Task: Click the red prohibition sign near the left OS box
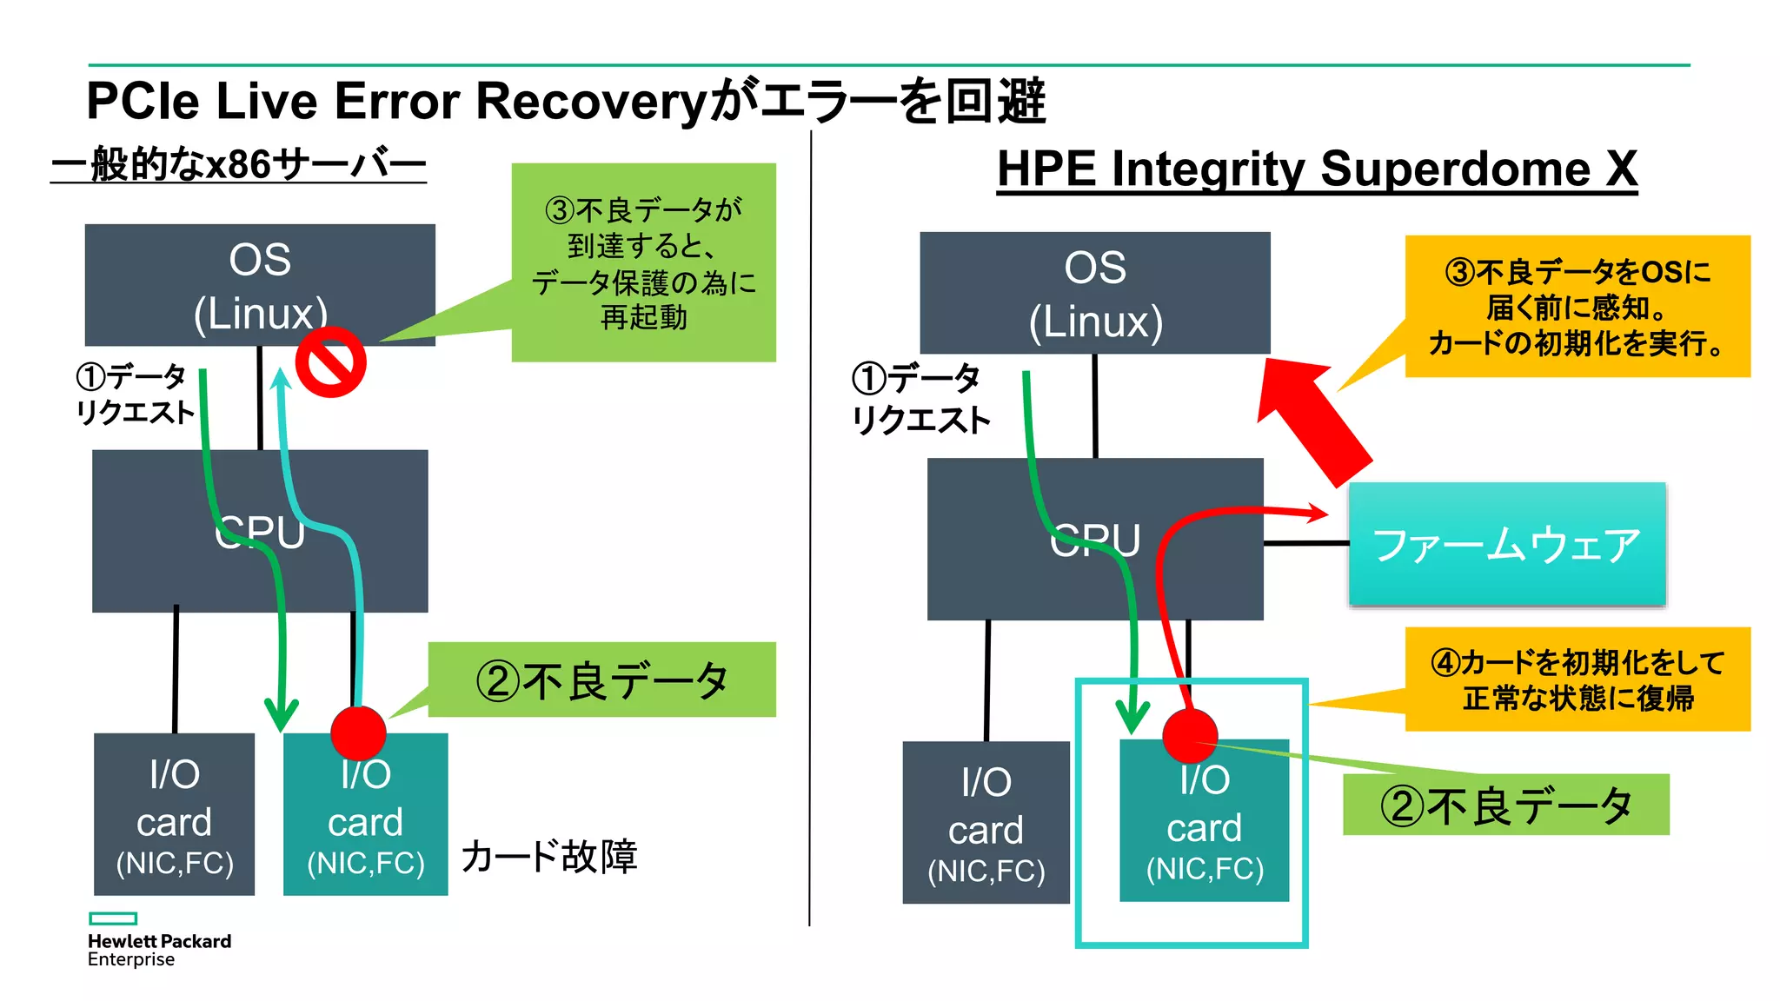330,362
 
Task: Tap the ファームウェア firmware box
1506,544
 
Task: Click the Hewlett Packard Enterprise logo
158,941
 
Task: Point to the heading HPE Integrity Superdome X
1317,169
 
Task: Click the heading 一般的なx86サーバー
239,164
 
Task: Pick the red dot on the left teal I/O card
358,733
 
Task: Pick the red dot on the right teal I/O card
1190,735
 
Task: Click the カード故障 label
549,857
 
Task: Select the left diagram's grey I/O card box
174,814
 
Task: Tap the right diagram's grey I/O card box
986,823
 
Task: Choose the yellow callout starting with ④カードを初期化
1577,679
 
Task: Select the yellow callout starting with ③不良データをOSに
1577,307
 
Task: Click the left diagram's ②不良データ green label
601,680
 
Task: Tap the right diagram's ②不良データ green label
1505,805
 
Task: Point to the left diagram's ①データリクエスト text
135,394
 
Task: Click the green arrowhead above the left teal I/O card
281,714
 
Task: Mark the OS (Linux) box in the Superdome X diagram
1094,293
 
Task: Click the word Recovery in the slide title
592,101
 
